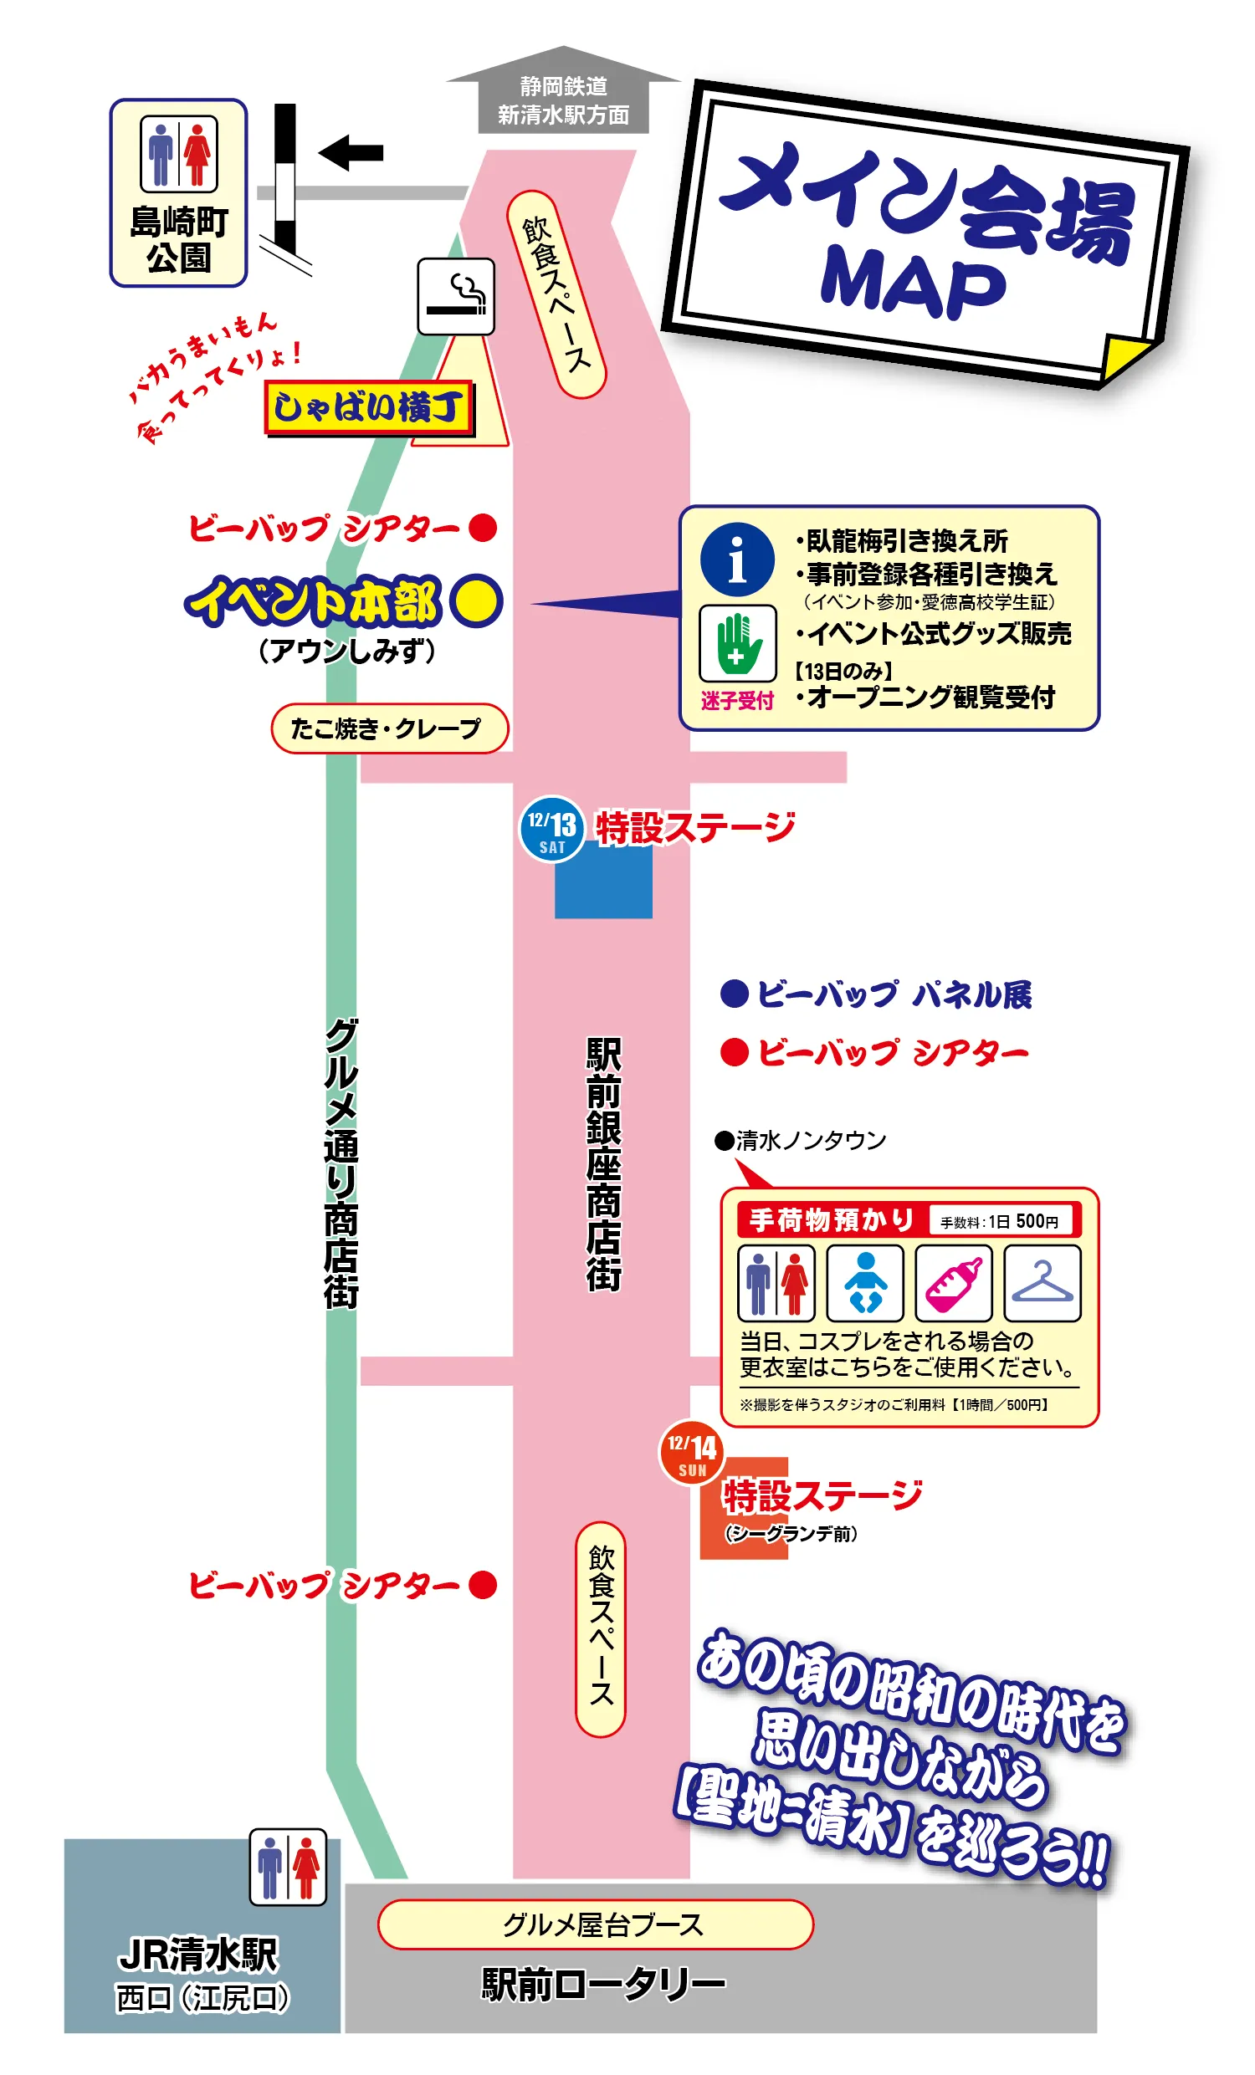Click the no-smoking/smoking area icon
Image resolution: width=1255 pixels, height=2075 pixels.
coord(456,296)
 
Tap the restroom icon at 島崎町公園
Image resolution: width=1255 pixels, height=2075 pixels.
coord(178,154)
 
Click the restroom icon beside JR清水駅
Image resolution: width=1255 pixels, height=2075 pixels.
coord(287,1866)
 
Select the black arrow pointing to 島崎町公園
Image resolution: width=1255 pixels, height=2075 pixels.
coord(351,153)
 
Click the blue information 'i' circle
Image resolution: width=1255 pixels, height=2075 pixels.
coord(737,560)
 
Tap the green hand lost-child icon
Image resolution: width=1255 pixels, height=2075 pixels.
coord(737,643)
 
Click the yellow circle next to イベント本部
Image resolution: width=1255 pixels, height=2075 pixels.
coord(476,601)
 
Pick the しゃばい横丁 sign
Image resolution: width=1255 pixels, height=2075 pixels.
coord(369,408)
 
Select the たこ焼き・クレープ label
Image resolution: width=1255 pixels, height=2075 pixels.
coord(389,728)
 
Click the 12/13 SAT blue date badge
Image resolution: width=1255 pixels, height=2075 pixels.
coord(551,830)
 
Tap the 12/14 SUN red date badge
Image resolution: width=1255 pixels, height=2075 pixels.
coord(692,1453)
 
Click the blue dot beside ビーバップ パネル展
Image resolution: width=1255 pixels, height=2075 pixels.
coord(735,994)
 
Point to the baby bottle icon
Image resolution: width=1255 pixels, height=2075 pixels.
coord(954,1284)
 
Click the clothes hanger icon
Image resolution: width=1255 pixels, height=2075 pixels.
coord(1042,1284)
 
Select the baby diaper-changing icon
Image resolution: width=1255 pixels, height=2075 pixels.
coord(865,1284)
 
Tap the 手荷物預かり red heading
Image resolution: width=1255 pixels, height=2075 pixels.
coord(831,1219)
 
